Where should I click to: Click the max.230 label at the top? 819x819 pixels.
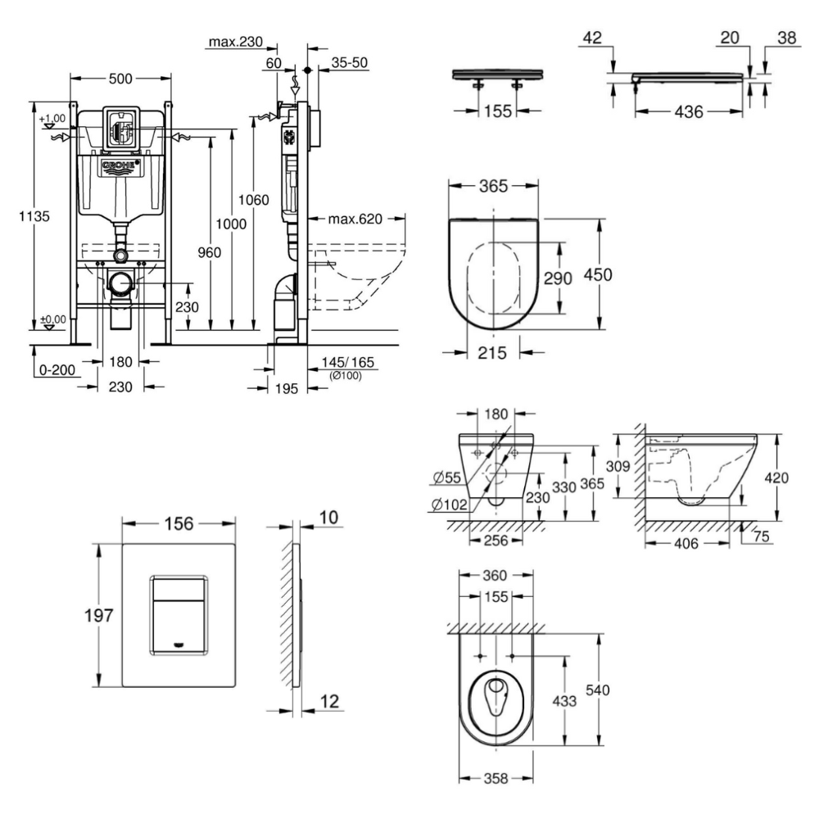[233, 42]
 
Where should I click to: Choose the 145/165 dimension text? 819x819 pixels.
[344, 362]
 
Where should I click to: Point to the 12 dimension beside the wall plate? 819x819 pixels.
[328, 702]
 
